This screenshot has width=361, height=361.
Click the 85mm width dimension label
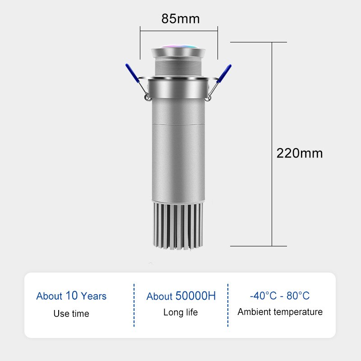(180, 19)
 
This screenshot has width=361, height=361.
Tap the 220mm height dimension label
(300, 153)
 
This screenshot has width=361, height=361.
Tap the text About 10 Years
(71, 296)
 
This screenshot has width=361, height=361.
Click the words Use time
(71, 314)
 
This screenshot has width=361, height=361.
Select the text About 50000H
(181, 296)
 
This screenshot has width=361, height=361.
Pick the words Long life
(180, 312)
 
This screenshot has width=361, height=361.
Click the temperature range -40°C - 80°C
(280, 296)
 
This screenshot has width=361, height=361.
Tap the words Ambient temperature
(280, 312)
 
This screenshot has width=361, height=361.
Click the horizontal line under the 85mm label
(179, 31)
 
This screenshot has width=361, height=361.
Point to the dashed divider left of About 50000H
(134, 305)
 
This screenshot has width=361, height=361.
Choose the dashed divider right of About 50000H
(228, 305)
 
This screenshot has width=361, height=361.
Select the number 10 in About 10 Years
(72, 296)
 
